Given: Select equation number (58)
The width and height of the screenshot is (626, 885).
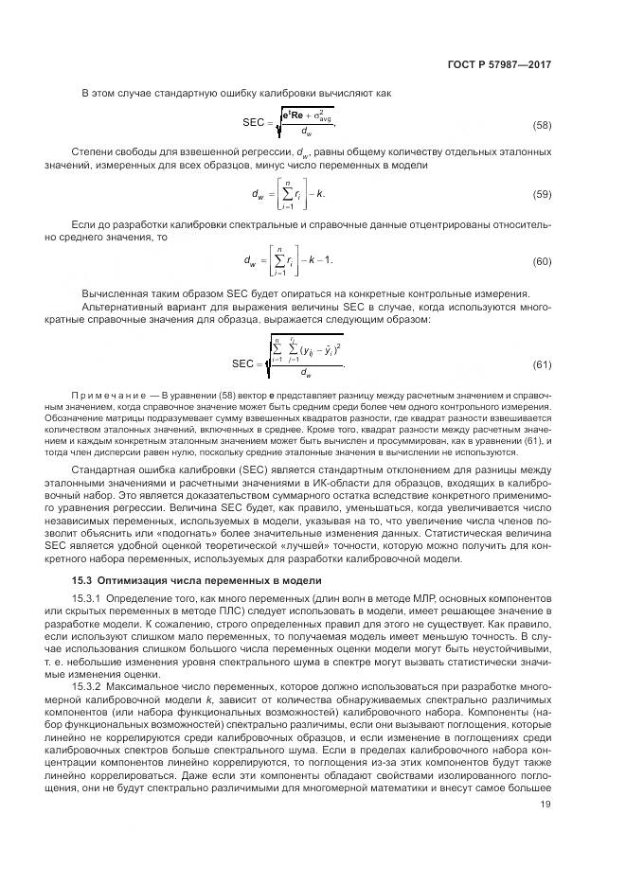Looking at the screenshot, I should point(542,125).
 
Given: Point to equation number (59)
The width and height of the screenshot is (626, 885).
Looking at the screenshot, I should point(542,194).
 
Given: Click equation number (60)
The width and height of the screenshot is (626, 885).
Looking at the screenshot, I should point(542,261).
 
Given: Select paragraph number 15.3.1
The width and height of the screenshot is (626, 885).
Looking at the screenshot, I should point(90,601).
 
